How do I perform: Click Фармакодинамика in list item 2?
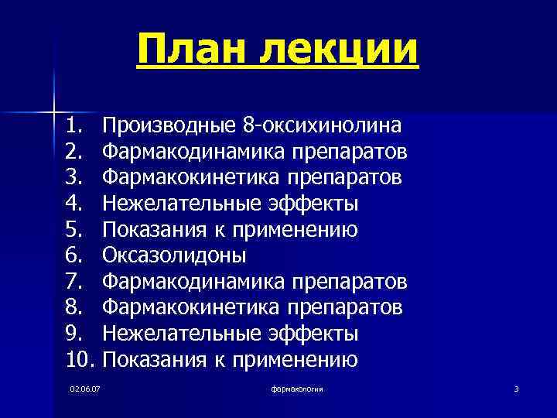click(191, 151)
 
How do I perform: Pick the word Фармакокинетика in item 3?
click(191, 177)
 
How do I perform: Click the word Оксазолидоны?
click(175, 255)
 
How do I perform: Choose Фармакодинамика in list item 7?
click(191, 282)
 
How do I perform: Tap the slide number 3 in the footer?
click(516, 387)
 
